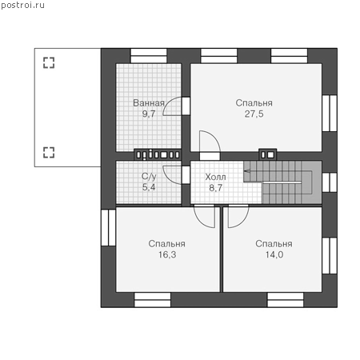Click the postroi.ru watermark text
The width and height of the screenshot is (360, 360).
22,6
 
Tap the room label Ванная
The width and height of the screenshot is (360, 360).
149,103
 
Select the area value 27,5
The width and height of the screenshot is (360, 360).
254,114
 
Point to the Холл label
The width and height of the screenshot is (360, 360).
215,177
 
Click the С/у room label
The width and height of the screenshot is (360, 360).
149,176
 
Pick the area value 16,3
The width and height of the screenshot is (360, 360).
167,254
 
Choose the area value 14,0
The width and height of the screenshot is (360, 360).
274,254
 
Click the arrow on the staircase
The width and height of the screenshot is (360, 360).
247,170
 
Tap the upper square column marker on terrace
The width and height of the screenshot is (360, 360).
49,62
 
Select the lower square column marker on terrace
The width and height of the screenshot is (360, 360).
49,152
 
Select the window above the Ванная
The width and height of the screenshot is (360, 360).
149,56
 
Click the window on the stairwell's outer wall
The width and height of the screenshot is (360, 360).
330,182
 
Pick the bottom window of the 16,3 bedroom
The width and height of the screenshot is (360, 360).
152,300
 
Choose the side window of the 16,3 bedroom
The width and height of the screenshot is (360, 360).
108,227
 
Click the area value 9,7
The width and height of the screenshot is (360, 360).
149,114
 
